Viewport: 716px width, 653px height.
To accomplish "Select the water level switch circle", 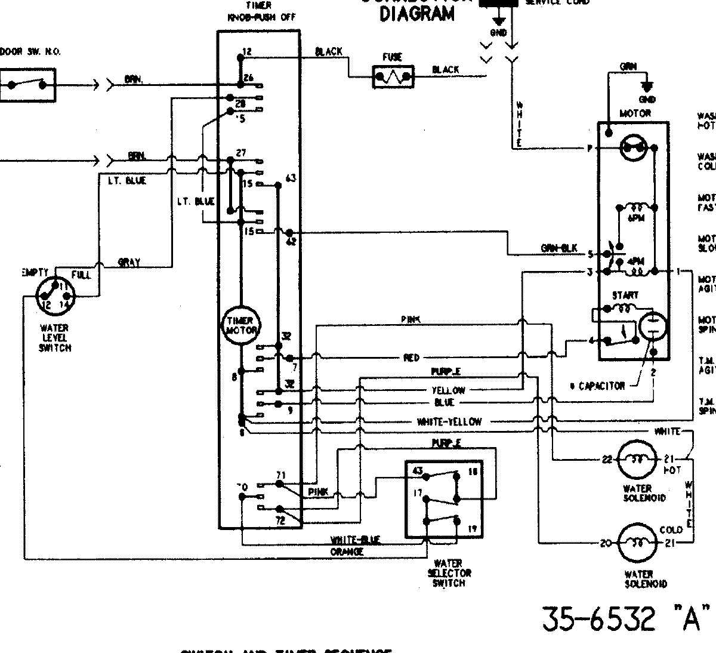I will pyautogui.click(x=55, y=296).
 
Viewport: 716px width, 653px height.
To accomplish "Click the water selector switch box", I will pyautogui.click(x=444, y=499).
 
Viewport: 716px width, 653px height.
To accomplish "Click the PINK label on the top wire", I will pyautogui.click(x=411, y=320).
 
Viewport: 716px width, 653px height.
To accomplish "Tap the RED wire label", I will pyautogui.click(x=412, y=358).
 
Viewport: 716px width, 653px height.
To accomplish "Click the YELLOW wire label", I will pyautogui.click(x=448, y=390).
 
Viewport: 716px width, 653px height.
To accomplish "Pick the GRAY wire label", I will pyautogui.click(x=129, y=262).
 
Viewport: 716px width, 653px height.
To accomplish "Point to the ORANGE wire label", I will pyautogui.click(x=347, y=552).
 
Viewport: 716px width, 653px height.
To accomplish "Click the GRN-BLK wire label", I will pyautogui.click(x=558, y=248).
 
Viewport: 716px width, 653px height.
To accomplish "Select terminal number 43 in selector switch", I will pyautogui.click(x=418, y=472).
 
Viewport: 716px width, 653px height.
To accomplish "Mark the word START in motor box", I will pyautogui.click(x=625, y=295).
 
